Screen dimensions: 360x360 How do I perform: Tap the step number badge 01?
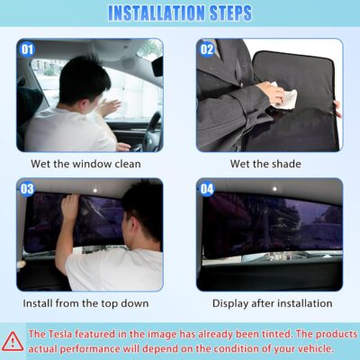[28, 49]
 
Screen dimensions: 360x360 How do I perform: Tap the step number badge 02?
[209, 49]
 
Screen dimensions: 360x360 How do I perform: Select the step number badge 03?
[28, 190]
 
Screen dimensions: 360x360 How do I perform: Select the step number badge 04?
[209, 190]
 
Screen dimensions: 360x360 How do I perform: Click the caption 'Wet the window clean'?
[89, 164]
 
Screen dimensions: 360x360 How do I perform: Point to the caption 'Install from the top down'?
[89, 304]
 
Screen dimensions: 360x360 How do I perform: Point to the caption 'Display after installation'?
[270, 304]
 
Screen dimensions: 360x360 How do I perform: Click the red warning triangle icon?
[13, 340]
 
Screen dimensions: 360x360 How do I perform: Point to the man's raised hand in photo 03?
[68, 207]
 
